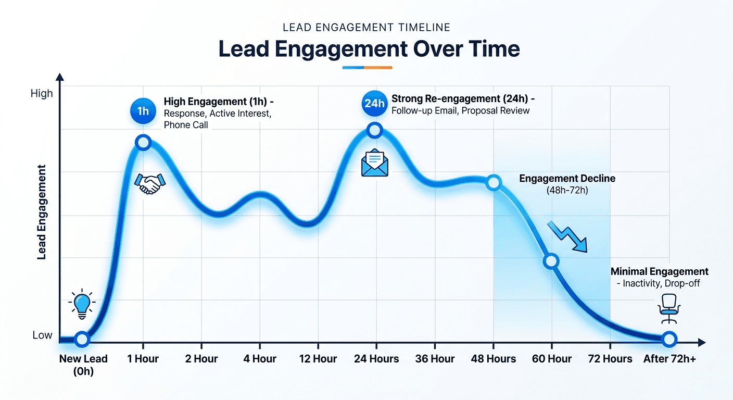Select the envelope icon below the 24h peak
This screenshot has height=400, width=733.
click(375, 162)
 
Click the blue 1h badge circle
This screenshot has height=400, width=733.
click(143, 110)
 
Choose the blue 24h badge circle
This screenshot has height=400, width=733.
click(374, 103)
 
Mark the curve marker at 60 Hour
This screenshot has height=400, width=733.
click(551, 261)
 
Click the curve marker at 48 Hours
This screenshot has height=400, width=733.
click(494, 183)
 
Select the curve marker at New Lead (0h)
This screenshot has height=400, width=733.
click(82, 340)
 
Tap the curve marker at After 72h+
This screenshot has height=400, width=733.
click(669, 340)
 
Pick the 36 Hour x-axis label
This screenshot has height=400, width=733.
click(435, 359)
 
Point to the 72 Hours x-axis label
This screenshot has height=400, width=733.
click(610, 359)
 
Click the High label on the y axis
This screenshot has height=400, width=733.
click(42, 94)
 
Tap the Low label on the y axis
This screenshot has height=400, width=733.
click(42, 335)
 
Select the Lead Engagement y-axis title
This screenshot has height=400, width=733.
click(42, 213)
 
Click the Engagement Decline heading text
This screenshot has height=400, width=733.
click(567, 179)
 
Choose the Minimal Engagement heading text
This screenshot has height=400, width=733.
click(659, 271)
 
